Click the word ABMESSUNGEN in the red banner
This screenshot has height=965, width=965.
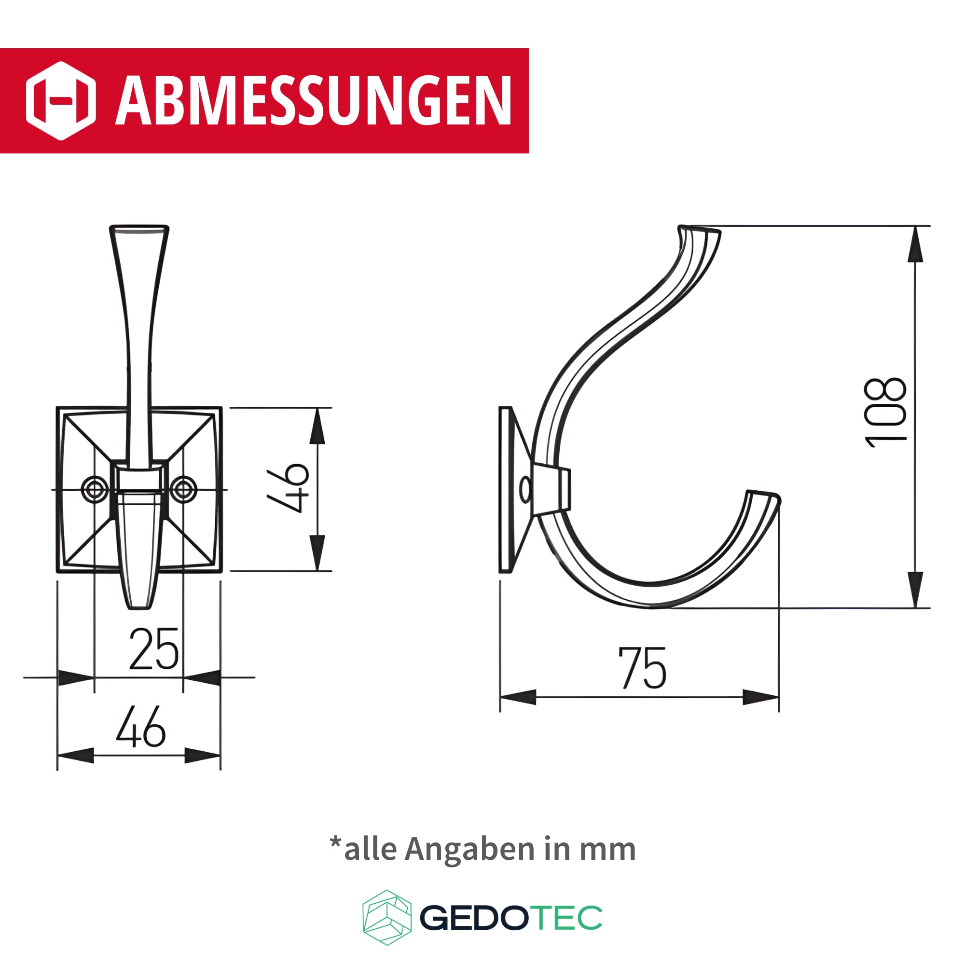[x=314, y=100]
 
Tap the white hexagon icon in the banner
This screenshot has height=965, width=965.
[x=61, y=101]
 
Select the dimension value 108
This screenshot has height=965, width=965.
[x=885, y=412]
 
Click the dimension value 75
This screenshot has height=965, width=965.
[x=642, y=668]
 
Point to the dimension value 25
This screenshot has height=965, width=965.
[x=154, y=649]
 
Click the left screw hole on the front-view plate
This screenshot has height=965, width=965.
[x=95, y=489]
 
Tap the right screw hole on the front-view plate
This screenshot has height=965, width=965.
[x=183, y=489]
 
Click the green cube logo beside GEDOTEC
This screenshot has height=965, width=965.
[x=387, y=918]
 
